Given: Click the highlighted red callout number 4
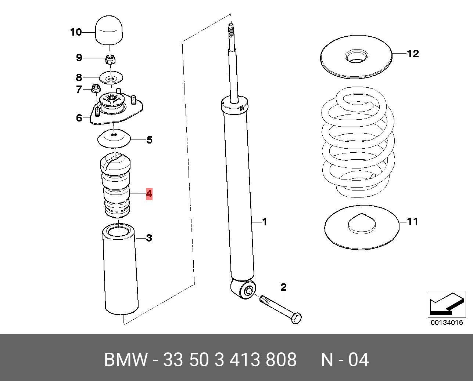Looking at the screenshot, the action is (x=149, y=193).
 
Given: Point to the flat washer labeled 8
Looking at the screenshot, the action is (x=111, y=78).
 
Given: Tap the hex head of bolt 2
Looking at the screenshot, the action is (x=296, y=318).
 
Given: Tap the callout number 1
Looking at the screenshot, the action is (x=264, y=222).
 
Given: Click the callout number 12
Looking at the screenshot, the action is (x=413, y=54).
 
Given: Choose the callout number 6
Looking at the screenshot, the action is (x=79, y=118).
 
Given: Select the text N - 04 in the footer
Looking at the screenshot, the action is (x=345, y=360).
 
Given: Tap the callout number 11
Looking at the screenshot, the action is (x=413, y=221).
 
